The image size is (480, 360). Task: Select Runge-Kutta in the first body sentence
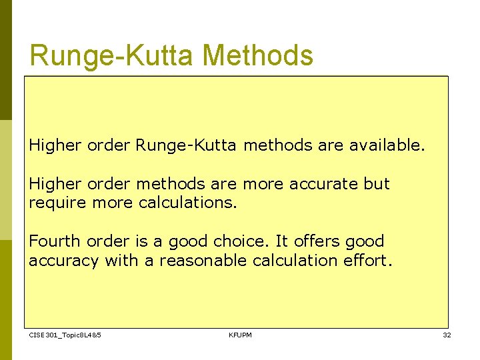click(186, 145)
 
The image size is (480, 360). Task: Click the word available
click(387, 145)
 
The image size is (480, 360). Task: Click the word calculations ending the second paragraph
click(187, 202)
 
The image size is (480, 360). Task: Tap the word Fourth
click(52, 241)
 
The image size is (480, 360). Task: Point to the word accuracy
click(63, 260)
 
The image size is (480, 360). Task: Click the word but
click(377, 183)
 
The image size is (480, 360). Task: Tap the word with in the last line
click(120, 260)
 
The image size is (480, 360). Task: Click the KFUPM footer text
click(240, 335)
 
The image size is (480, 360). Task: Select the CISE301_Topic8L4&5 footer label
click(65, 335)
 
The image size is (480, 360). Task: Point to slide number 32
click(447, 335)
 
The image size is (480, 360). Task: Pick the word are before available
click(331, 145)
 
